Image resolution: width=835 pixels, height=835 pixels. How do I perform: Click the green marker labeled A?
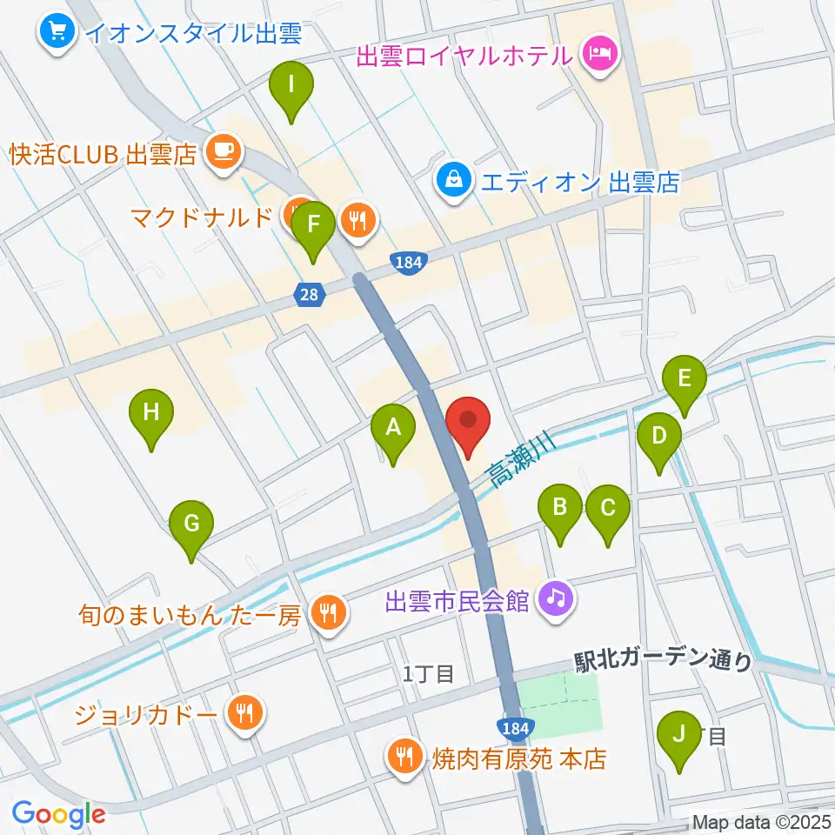[393, 428]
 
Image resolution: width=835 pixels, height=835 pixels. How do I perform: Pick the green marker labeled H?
[151, 412]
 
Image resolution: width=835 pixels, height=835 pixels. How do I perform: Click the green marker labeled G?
[191, 524]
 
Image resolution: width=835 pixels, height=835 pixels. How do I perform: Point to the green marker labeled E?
[684, 379]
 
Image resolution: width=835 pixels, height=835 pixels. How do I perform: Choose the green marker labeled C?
[607, 507]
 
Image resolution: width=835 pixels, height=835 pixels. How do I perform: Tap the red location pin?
[469, 422]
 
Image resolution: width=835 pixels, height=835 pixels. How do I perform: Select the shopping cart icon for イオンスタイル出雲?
[57, 34]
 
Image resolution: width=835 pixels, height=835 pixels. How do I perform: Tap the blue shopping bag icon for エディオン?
[453, 181]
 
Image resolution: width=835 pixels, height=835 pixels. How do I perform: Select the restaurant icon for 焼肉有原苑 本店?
[404, 757]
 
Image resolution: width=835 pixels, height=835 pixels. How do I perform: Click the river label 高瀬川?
[520, 458]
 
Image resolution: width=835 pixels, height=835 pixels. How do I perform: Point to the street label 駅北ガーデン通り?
[663, 662]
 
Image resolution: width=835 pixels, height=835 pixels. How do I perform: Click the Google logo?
[58, 814]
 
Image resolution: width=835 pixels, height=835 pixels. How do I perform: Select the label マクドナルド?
[202, 217]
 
